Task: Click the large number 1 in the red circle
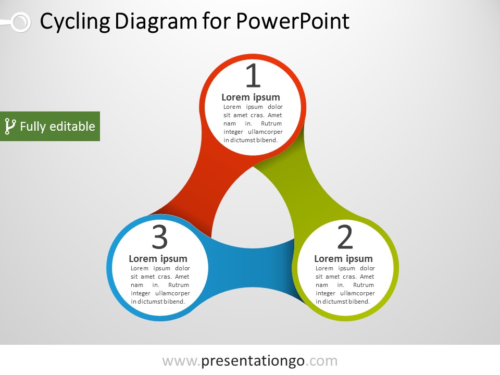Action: coord(253,76)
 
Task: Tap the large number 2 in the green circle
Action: coord(345,238)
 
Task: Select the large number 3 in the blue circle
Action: coord(160,238)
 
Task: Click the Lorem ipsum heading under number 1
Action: coord(251,97)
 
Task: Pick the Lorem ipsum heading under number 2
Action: coord(343,259)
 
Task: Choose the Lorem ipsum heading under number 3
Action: coord(158,259)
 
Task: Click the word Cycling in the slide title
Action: coord(75,22)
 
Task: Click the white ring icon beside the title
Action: coord(20,22)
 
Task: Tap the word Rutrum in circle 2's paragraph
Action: coord(363,285)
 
